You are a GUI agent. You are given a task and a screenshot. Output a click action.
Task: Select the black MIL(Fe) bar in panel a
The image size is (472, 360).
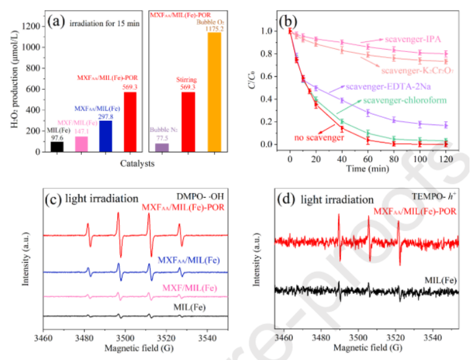[57, 146]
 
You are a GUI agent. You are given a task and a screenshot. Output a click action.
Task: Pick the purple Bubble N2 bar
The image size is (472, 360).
[162, 147]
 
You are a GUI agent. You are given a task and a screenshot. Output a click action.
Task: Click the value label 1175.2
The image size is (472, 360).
[215, 27]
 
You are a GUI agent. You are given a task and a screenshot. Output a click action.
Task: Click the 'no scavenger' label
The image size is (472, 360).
[319, 138]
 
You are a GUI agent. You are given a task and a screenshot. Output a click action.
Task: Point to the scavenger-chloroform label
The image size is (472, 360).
[398, 100]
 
